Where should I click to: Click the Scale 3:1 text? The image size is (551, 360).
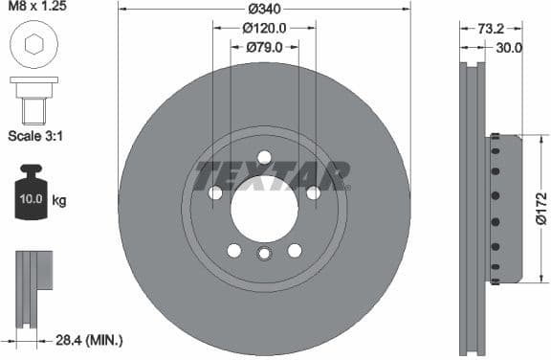pos(35,136)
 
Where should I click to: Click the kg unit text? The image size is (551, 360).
pos(59,201)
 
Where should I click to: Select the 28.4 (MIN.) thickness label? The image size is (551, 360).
pos(88,340)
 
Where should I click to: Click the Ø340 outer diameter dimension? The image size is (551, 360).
pos(265,10)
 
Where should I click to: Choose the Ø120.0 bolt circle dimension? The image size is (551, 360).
pos(265,29)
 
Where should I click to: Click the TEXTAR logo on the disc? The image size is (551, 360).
pos(272,175)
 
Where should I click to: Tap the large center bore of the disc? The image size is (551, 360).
pos(265,208)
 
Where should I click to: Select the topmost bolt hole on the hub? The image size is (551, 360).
pos(265,158)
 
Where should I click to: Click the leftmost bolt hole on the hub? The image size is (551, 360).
pos(216,193)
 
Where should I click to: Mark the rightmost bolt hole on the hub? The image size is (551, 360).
pos(313,193)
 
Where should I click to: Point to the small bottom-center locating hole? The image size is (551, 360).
pos(265,254)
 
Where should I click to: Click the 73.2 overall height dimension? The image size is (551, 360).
pos(489,29)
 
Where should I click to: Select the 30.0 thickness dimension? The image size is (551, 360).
pos(507,47)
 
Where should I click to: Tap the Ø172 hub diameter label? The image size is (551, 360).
pos(541,208)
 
